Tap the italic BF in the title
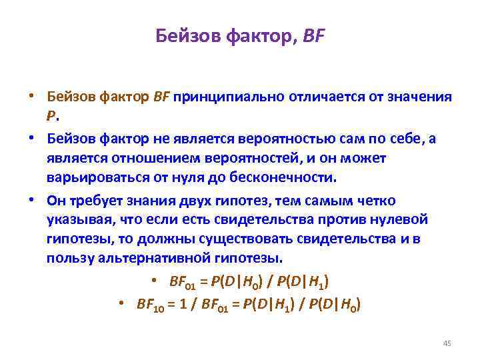[313, 35]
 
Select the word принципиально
[229, 97]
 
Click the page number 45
[447, 343]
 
